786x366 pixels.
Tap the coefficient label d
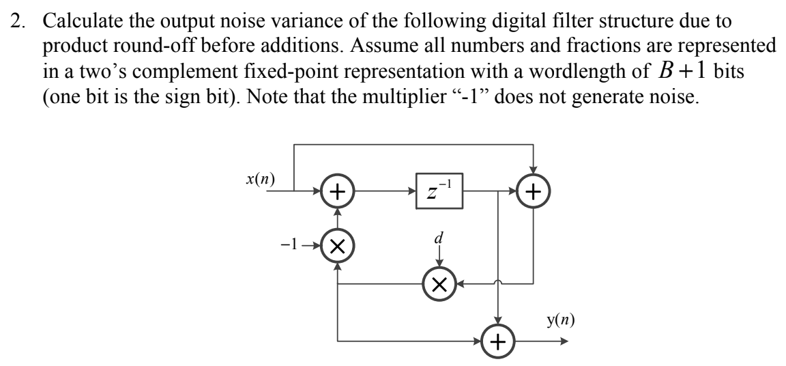pyautogui.click(x=439, y=239)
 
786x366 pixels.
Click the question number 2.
pyautogui.click(x=16, y=21)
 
